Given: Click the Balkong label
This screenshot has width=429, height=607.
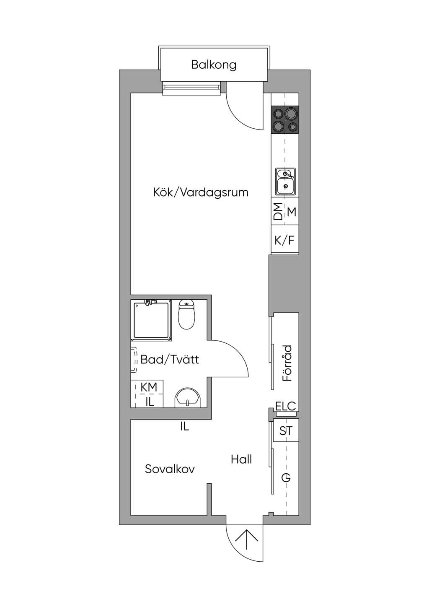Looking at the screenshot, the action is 214,65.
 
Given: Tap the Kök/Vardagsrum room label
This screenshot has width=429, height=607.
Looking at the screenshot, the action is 201,192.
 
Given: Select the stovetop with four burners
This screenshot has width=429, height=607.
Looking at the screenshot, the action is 285,120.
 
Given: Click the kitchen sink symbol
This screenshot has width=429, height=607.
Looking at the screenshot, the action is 285,181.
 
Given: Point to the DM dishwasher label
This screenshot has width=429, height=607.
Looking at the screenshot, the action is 278,211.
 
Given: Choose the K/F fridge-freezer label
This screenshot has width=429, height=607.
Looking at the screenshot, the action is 284,240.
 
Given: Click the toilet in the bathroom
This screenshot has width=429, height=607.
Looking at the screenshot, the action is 186,314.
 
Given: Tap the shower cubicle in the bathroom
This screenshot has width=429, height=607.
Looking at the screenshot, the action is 151,320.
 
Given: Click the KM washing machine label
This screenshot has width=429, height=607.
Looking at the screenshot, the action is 149,387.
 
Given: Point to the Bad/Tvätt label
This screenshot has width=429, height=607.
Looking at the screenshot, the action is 170,360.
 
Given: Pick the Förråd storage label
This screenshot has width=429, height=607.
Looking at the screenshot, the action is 287,363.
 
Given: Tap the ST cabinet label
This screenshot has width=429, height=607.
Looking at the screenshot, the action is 286,431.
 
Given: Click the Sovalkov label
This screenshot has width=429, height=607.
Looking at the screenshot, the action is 170,469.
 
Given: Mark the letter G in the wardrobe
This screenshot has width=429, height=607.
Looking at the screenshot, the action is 286,477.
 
